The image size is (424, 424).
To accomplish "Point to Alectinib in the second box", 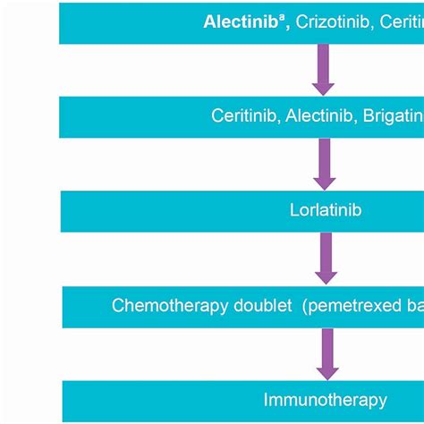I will click(x=320, y=116).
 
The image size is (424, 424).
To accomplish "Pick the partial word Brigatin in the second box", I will click(x=393, y=116).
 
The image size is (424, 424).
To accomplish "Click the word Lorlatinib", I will click(x=325, y=211).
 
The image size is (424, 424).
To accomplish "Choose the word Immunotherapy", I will click(x=326, y=400).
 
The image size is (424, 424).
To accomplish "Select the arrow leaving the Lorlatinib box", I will click(x=326, y=259).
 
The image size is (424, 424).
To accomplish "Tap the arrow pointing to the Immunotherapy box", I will click(x=327, y=354).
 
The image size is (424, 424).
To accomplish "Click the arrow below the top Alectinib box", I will click(x=323, y=70).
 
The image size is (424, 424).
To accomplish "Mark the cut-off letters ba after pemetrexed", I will click(x=415, y=306).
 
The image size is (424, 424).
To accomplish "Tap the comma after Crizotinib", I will click(x=371, y=26).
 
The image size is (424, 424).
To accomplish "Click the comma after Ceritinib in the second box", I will click(x=279, y=121).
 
